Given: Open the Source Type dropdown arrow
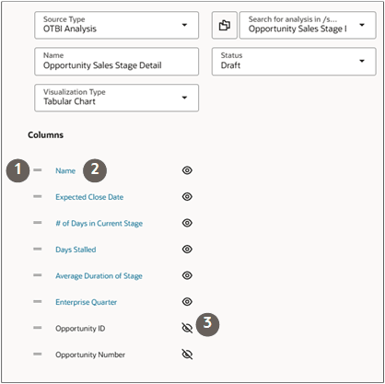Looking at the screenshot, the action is coord(184,25).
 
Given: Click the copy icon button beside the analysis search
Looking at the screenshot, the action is coord(225,25).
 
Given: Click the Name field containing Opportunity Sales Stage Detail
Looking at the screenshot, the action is coord(116,62).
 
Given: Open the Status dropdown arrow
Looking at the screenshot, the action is coord(362,61).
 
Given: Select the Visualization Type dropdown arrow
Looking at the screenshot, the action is coord(184,98).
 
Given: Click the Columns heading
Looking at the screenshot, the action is coord(45,135).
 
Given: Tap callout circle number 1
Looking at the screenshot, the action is coord(17,170).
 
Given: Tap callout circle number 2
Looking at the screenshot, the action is coord(95,170).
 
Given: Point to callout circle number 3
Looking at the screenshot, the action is coord(207,324).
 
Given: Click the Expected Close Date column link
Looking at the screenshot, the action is coord(89,197).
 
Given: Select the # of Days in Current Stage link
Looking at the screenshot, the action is coord(99,224).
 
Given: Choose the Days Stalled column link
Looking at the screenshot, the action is coord(76,250).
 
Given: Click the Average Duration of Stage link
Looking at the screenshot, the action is coord(99,276).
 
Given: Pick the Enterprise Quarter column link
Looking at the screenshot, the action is coord(86,302).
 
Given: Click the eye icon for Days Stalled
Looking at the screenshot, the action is coord(187,249).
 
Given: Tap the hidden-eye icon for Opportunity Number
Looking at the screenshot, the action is coord(187,355).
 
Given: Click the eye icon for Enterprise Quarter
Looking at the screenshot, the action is coord(187,302).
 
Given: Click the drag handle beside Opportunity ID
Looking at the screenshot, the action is coord(38,328).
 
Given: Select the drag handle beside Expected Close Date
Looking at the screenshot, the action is coord(38,196).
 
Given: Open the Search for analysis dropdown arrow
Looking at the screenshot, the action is coord(362,25).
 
